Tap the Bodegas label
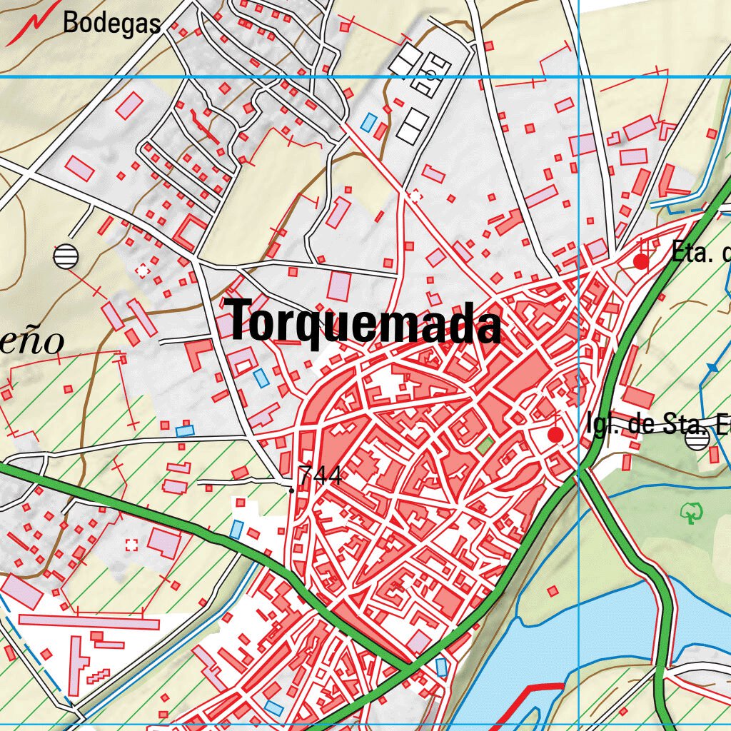(111, 23)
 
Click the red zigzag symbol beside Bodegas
(29, 26)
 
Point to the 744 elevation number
(319, 476)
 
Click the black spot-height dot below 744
(291, 490)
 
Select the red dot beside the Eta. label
(641, 262)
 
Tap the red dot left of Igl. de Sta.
(555, 434)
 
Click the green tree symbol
(690, 512)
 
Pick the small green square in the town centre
(485, 446)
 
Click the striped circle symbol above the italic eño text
(66, 256)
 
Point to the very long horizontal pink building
(89, 621)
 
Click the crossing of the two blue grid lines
(578, 76)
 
